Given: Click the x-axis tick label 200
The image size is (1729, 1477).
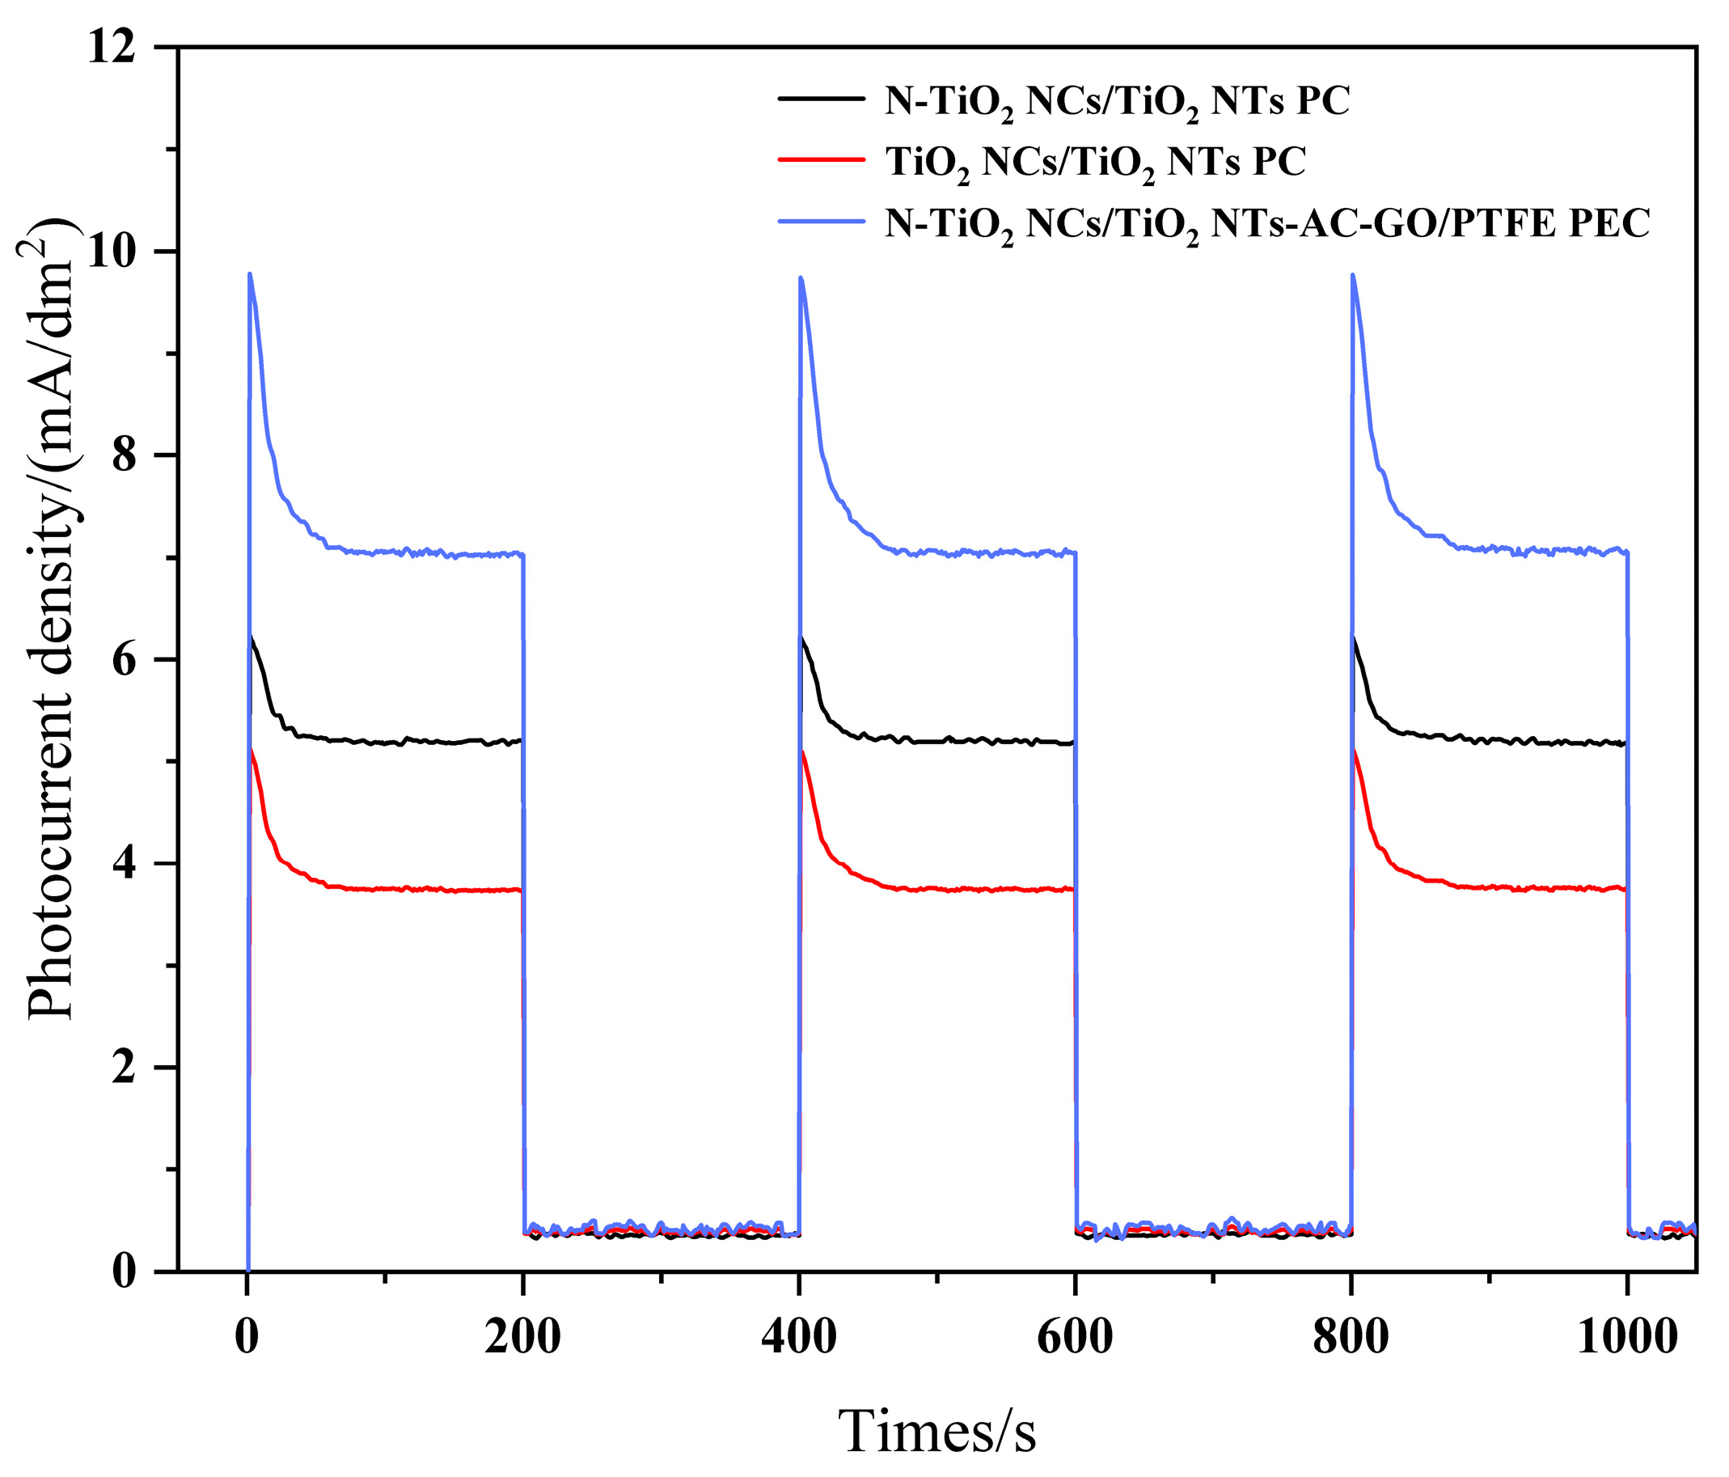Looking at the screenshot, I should pos(522,1338).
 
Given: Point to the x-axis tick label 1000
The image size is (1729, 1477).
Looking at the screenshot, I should pos(1626,1338).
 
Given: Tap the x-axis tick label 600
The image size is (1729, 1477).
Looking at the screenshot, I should pos(1075,1338).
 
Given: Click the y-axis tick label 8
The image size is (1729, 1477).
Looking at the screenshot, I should pos(129,456).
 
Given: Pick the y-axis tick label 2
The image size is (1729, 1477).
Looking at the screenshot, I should pos(129,1068).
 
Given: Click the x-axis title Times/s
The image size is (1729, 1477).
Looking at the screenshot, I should pos(936,1431).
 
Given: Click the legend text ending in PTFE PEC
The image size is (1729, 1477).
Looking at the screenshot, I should pos(1266,222).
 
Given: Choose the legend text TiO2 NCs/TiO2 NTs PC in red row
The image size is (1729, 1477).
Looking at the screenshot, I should pos(1095,161).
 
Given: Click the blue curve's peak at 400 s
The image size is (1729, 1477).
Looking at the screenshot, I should pos(801,279).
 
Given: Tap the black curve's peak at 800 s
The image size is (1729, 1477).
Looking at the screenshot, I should pos(1354,637).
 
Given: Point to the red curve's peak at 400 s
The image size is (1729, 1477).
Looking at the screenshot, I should pos(802,752).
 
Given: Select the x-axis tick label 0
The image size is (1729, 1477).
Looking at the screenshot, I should pos(247,1338).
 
